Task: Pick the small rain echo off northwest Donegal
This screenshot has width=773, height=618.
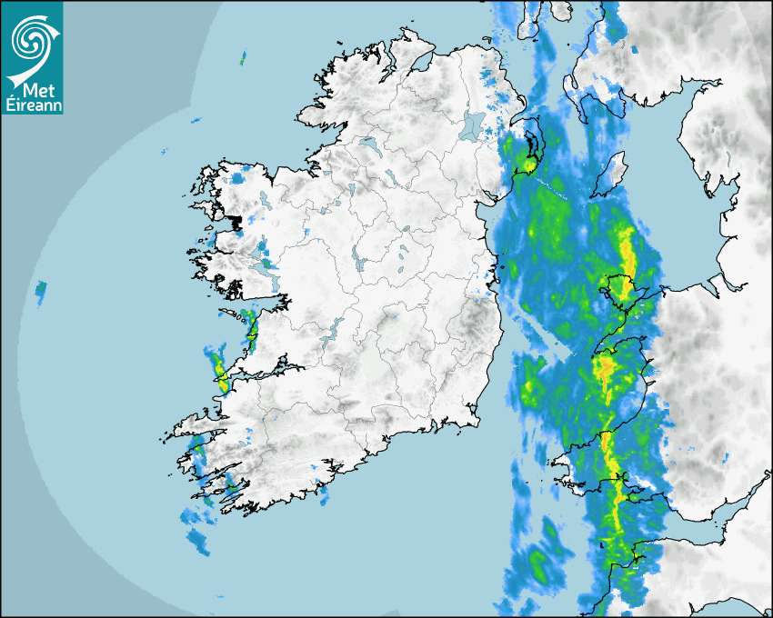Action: pos(243,59)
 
